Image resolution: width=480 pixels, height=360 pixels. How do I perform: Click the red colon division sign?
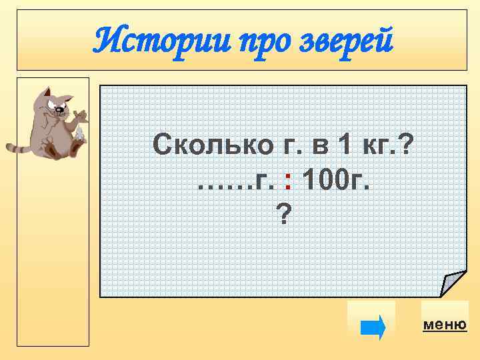[287, 178]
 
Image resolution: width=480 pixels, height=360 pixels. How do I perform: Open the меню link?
[445, 325]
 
